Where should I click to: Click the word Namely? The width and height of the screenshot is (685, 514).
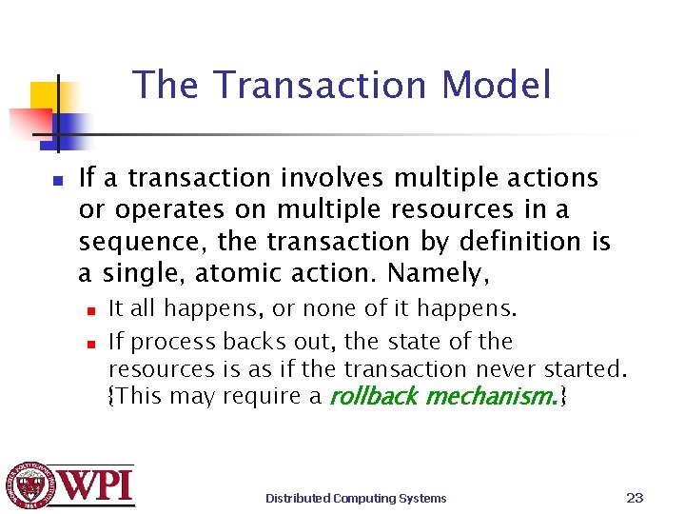click(x=439, y=274)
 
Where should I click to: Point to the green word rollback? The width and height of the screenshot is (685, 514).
click(x=373, y=396)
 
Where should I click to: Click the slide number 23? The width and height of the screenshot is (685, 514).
click(x=636, y=497)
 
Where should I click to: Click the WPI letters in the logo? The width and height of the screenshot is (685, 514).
click(x=98, y=485)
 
